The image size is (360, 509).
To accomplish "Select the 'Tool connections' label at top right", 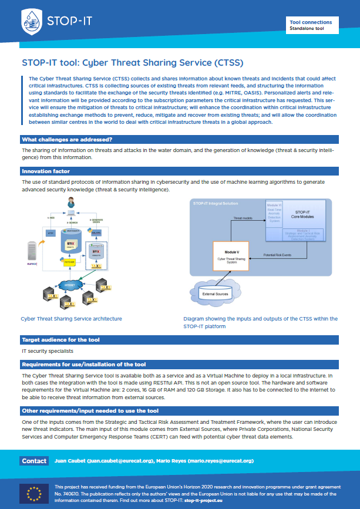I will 311,22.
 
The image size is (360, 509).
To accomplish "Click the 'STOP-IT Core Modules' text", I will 303,214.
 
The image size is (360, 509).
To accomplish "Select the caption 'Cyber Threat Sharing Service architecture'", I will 72,319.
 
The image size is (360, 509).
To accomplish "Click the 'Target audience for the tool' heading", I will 60,340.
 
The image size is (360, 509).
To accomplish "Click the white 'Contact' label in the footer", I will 34,461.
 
